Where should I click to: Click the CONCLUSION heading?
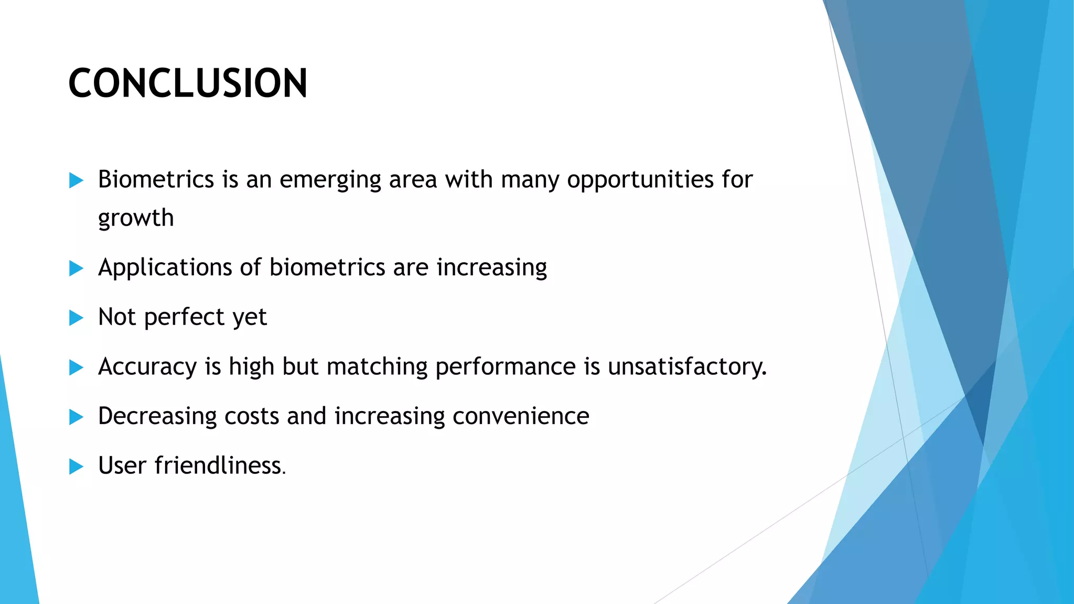(188, 83)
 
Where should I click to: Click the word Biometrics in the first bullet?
(156, 180)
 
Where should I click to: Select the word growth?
(136, 219)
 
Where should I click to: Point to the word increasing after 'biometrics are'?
(491, 268)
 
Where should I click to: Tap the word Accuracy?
(147, 367)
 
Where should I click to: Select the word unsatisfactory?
(686, 366)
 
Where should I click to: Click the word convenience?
(521, 416)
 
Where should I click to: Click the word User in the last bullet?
(122, 466)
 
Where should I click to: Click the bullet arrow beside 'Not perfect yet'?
(76, 318)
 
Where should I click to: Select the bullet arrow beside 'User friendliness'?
(76, 466)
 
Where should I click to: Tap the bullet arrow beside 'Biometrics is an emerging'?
(76, 181)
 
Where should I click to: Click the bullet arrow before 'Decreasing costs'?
(76, 417)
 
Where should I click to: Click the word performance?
(506, 367)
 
